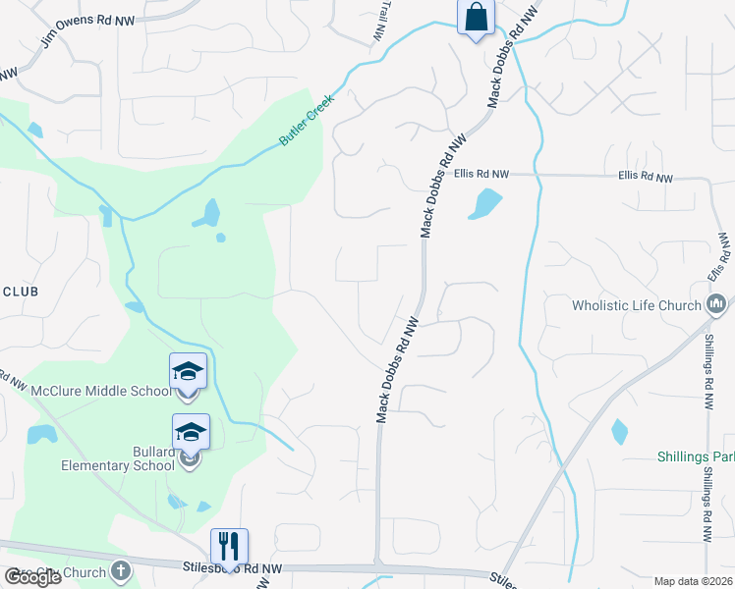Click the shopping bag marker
pos(476,18)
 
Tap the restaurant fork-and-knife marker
pos(229,546)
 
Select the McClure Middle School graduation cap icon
pos(188,371)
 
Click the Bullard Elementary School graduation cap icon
pos(191,431)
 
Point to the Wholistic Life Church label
pos(637,305)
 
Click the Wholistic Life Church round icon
pos(716,305)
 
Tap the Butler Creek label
pos(307,121)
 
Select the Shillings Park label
pos(696,457)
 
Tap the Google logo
pos(31,576)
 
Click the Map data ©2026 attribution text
pos(693,581)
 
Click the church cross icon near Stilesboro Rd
pos(120,569)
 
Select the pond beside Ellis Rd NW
pos(485,204)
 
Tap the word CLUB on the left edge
pos(19,292)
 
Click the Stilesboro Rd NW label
pos(233,567)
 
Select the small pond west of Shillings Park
pos(619,431)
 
